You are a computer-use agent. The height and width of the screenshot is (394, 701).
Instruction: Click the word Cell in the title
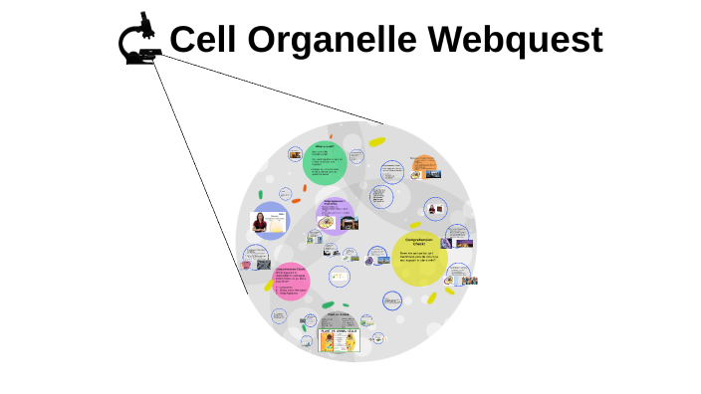point(203,40)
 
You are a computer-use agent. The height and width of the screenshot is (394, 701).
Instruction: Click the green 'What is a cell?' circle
point(324,162)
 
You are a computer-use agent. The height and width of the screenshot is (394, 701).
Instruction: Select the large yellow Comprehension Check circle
point(417,260)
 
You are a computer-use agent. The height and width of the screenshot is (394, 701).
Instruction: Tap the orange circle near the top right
point(424,165)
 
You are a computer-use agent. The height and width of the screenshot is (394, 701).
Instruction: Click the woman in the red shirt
point(262,222)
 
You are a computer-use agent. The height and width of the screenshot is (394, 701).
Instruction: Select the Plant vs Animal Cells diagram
point(338,341)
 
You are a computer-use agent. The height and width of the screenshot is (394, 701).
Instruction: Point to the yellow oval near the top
point(376,142)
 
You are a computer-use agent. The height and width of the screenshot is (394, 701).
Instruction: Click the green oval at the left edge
point(260,195)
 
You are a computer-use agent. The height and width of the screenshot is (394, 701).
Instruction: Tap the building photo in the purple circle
point(349,224)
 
